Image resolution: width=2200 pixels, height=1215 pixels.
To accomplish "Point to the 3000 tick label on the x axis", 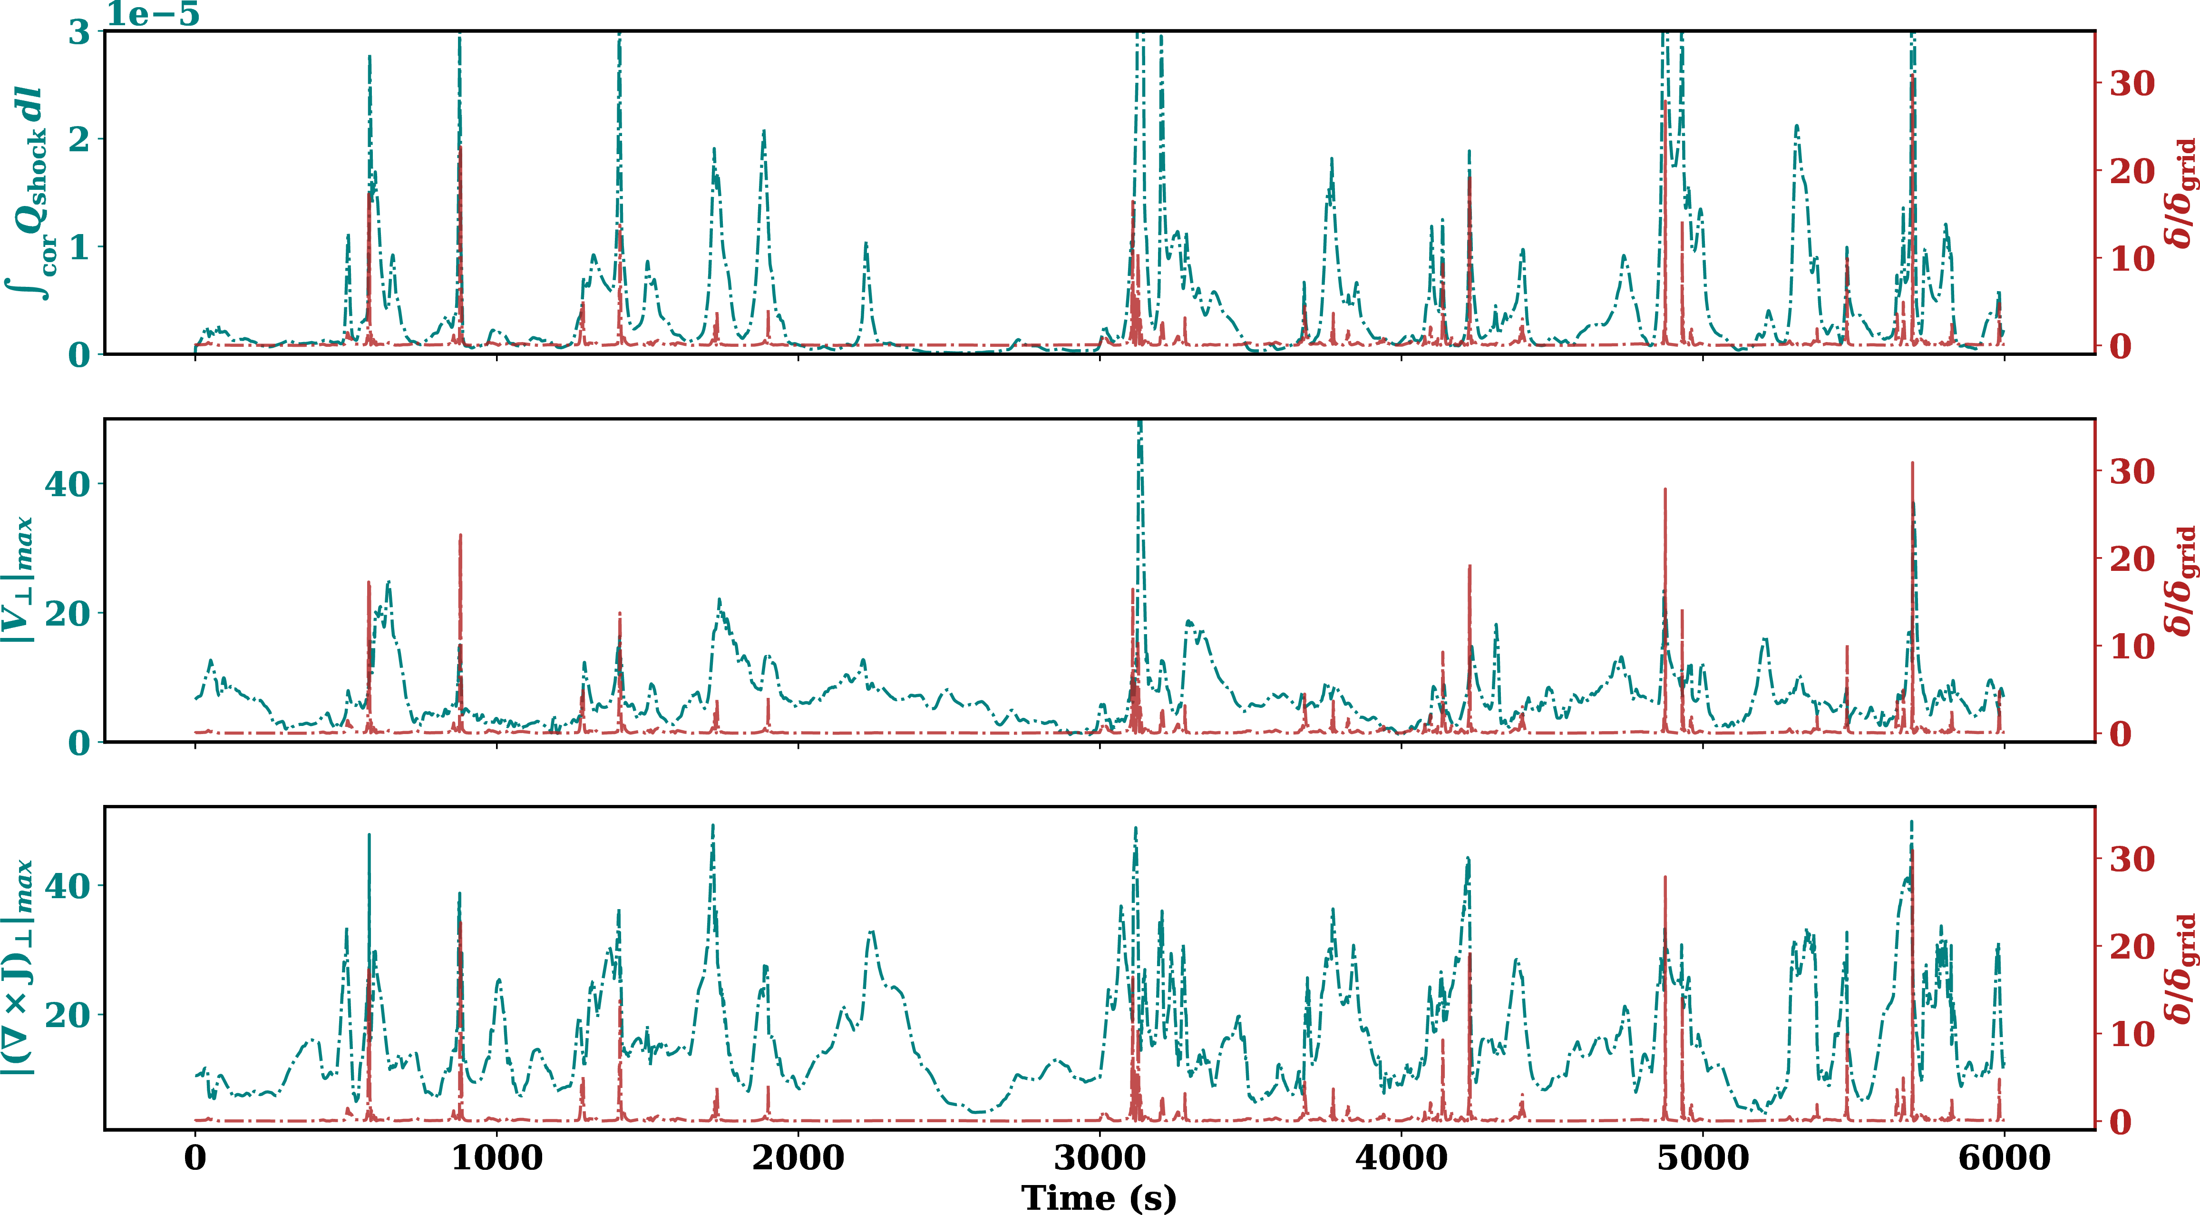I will [1099, 1158].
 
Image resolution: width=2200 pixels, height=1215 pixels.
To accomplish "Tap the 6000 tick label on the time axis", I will [2004, 1158].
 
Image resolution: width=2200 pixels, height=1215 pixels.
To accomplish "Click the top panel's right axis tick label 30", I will [2132, 84].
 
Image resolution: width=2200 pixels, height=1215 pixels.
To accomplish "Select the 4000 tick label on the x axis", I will [1401, 1158].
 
